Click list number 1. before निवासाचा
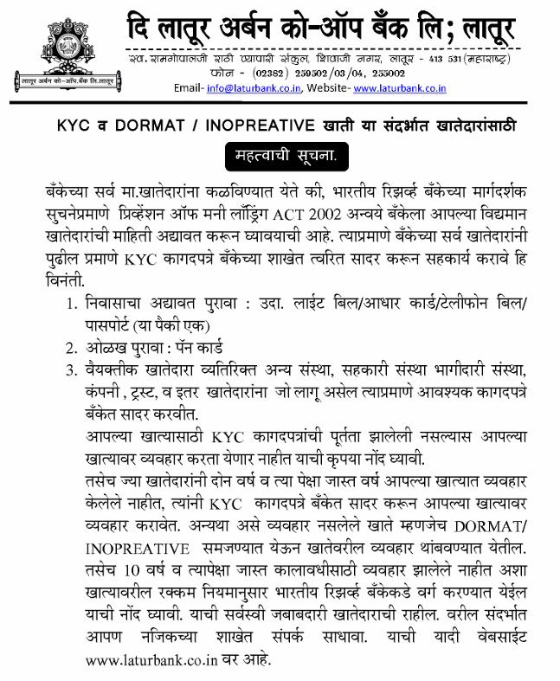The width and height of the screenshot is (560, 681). point(72,305)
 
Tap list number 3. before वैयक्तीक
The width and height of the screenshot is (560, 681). point(72,372)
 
